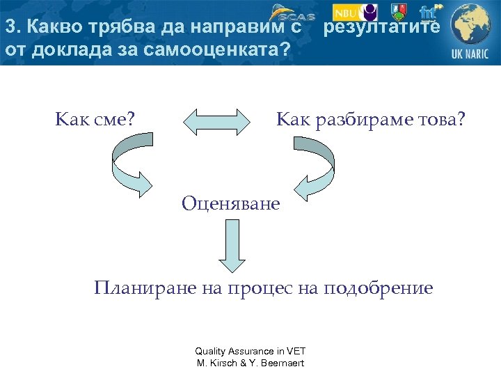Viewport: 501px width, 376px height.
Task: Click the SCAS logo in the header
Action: click(291, 13)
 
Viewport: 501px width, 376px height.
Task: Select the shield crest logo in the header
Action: click(398, 12)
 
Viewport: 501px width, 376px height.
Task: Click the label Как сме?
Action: click(95, 120)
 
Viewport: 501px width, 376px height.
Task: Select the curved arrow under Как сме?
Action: click(132, 164)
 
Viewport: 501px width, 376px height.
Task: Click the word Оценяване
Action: click(230, 203)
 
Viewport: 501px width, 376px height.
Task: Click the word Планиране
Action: click(136, 288)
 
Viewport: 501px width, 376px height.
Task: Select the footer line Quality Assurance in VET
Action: click(250, 352)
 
